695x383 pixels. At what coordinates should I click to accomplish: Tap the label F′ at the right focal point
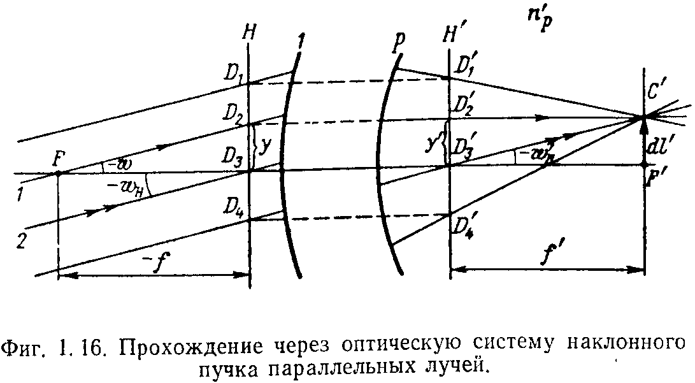[651, 180]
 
